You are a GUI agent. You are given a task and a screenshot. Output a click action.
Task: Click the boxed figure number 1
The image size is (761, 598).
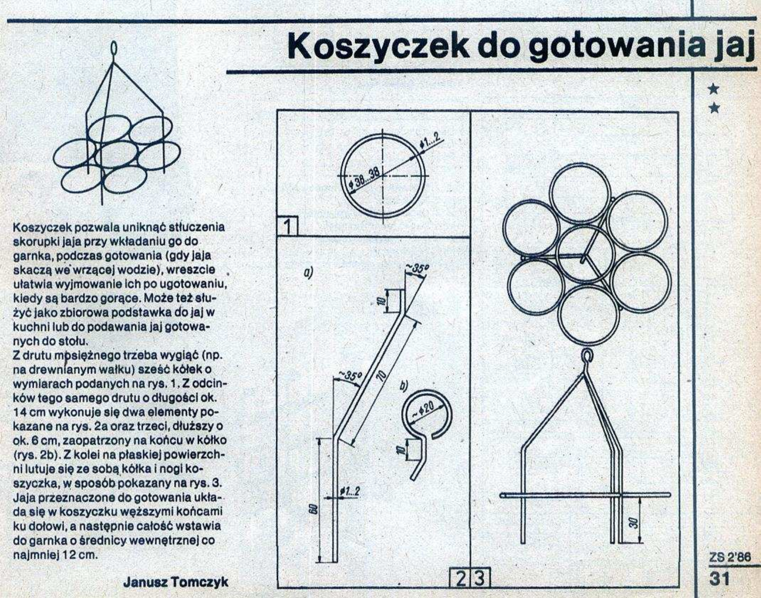click(x=287, y=227)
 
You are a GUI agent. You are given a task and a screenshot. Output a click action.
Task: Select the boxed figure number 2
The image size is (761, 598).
click(x=460, y=579)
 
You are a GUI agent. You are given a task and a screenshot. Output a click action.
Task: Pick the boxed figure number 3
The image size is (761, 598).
click(x=480, y=579)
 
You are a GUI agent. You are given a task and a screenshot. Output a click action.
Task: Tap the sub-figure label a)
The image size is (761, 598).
click(x=309, y=272)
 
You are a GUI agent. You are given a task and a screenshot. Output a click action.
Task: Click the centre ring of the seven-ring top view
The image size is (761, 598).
click(x=585, y=254)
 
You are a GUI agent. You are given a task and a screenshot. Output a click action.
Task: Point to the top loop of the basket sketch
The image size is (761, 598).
click(x=113, y=49)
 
